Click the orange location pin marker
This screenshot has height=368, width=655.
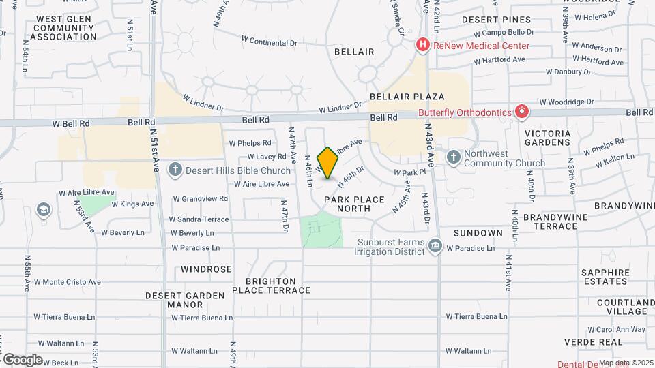point(327,163)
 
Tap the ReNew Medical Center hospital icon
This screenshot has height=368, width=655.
point(423,46)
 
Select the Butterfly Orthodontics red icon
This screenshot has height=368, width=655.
point(522,111)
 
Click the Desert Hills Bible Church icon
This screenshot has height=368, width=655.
point(175,169)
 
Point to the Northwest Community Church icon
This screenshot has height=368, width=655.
point(454,158)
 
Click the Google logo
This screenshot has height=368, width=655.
point(23,360)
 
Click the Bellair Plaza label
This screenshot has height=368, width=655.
point(407,97)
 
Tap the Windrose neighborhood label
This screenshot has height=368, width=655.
point(206,269)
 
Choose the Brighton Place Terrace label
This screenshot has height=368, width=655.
point(271,286)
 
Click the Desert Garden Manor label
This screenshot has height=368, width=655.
point(175,300)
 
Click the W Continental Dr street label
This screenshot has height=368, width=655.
point(270,42)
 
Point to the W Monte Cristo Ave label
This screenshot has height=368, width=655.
point(68,281)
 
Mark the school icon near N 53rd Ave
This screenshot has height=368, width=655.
point(44,209)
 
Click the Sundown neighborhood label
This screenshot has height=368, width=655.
point(477,233)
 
